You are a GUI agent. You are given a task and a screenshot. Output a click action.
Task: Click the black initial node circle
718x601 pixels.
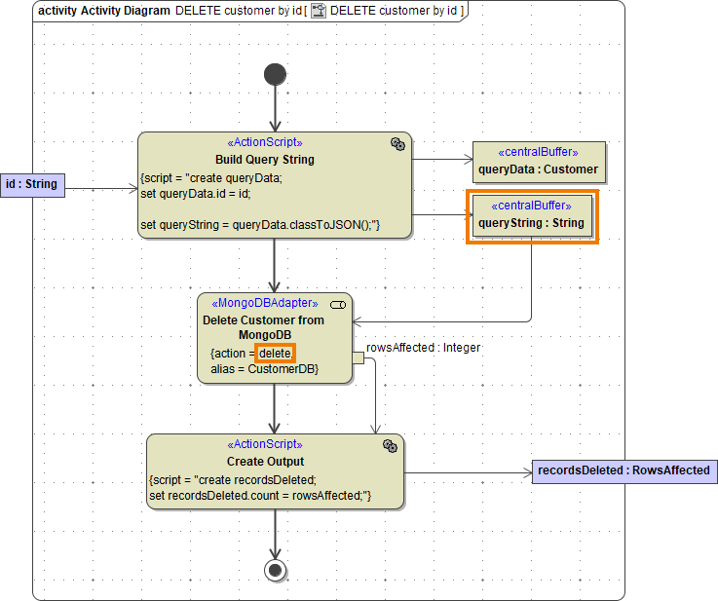pos(276,74)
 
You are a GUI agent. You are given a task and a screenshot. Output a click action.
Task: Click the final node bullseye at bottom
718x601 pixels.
pos(276,570)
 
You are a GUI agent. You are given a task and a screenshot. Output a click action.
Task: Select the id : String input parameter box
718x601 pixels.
pos(32,184)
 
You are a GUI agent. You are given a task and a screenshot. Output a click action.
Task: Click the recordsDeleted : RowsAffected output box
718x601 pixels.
pos(624,470)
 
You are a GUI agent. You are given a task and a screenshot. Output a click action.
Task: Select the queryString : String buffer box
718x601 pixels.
pos(531,215)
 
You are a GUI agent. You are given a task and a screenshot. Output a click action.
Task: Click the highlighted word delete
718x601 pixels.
pos(276,353)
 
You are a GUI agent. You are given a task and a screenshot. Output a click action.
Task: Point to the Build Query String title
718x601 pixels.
pos(265,159)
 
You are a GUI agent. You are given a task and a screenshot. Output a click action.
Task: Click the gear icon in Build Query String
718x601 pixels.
pos(397,143)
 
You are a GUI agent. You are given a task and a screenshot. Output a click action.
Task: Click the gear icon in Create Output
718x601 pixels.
pos(390,445)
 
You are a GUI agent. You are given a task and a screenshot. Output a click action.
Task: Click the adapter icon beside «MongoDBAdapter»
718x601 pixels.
pos(338,305)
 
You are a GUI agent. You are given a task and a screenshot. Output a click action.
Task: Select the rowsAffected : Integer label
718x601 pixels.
pos(423,347)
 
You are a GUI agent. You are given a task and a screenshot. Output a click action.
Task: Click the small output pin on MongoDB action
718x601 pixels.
pos(358,358)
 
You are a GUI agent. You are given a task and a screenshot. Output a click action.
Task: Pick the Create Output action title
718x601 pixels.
pos(265,461)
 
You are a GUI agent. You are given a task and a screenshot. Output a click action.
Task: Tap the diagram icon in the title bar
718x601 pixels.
pos(318,11)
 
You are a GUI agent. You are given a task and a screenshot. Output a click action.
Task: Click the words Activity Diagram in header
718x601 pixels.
pos(126,11)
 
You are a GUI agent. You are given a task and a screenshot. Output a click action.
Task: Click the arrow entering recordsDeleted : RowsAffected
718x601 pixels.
pos(468,474)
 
